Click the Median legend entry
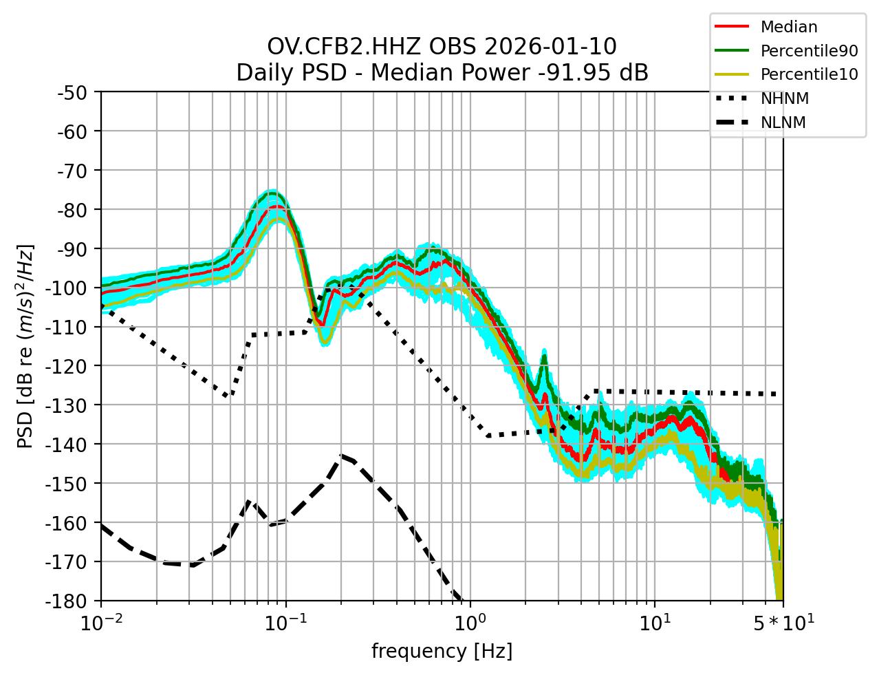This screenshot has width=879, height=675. coord(788,28)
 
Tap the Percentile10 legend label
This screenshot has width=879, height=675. coord(809,74)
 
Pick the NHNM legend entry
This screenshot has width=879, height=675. coord(784,98)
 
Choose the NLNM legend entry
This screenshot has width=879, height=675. coord(783,122)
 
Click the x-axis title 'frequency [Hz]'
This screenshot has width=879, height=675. coord(442,651)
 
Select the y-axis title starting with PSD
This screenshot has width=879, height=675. coord(25,346)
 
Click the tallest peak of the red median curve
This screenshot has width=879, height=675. coord(276,206)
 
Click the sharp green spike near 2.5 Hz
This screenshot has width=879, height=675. coord(544,354)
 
